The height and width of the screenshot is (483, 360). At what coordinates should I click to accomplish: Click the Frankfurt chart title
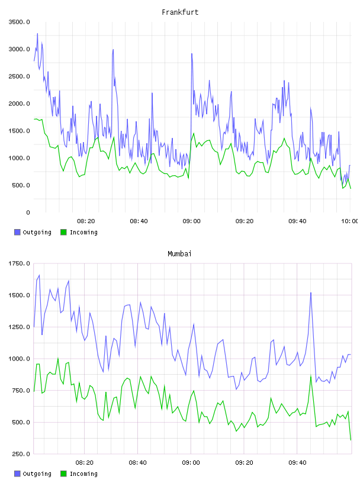click(x=180, y=12)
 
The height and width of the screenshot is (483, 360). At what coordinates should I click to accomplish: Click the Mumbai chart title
click(x=179, y=254)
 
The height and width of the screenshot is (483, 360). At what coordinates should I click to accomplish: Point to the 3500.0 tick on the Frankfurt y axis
click(x=19, y=22)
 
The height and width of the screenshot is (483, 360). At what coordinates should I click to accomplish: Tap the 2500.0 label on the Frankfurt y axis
click(x=19, y=76)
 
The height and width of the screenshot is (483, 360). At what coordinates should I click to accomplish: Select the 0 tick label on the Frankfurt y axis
click(x=28, y=212)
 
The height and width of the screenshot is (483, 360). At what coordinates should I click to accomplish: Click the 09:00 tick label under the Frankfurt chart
click(x=191, y=221)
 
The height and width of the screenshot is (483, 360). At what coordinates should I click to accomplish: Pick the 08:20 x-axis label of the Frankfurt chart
click(x=86, y=221)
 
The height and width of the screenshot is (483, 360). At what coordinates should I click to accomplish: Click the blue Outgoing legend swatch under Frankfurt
click(x=17, y=232)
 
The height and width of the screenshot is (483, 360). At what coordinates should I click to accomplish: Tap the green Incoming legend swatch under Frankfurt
click(x=63, y=232)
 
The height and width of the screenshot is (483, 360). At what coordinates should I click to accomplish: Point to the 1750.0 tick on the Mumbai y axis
click(x=19, y=263)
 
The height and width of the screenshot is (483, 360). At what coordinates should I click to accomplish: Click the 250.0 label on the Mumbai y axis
click(x=21, y=454)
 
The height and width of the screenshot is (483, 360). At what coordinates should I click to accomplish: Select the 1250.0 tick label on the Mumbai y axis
click(x=19, y=327)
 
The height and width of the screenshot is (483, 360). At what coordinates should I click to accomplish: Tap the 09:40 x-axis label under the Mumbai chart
click(x=297, y=463)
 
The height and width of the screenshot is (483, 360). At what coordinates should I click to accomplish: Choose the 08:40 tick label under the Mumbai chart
click(x=138, y=463)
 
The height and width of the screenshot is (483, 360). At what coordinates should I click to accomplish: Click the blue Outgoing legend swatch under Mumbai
click(x=17, y=474)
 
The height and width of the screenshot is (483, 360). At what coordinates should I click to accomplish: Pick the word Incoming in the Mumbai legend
click(x=83, y=474)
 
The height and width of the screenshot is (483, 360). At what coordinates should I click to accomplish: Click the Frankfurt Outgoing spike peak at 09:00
click(x=192, y=54)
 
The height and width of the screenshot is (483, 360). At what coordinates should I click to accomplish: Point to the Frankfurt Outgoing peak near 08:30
click(x=113, y=50)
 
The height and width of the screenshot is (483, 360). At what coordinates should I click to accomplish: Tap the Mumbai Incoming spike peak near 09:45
click(x=311, y=376)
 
